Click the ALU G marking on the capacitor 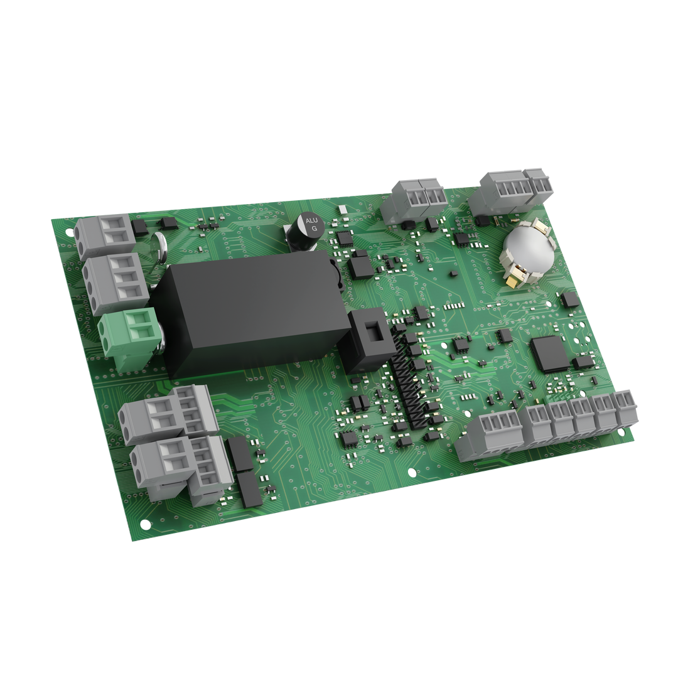[311, 225]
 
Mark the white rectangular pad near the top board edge [342, 210]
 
